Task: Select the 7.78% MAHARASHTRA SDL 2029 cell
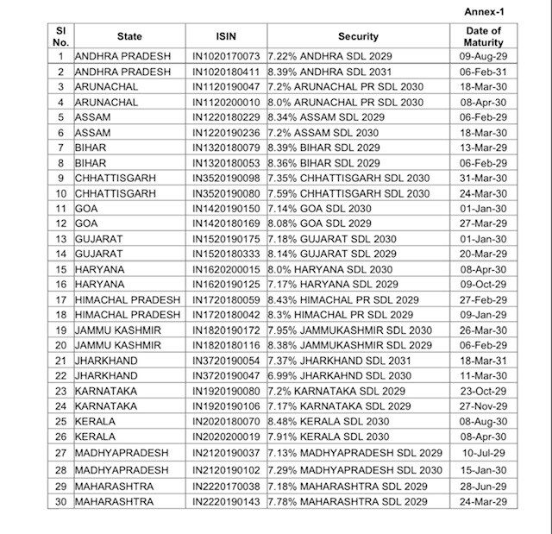(348, 502)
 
